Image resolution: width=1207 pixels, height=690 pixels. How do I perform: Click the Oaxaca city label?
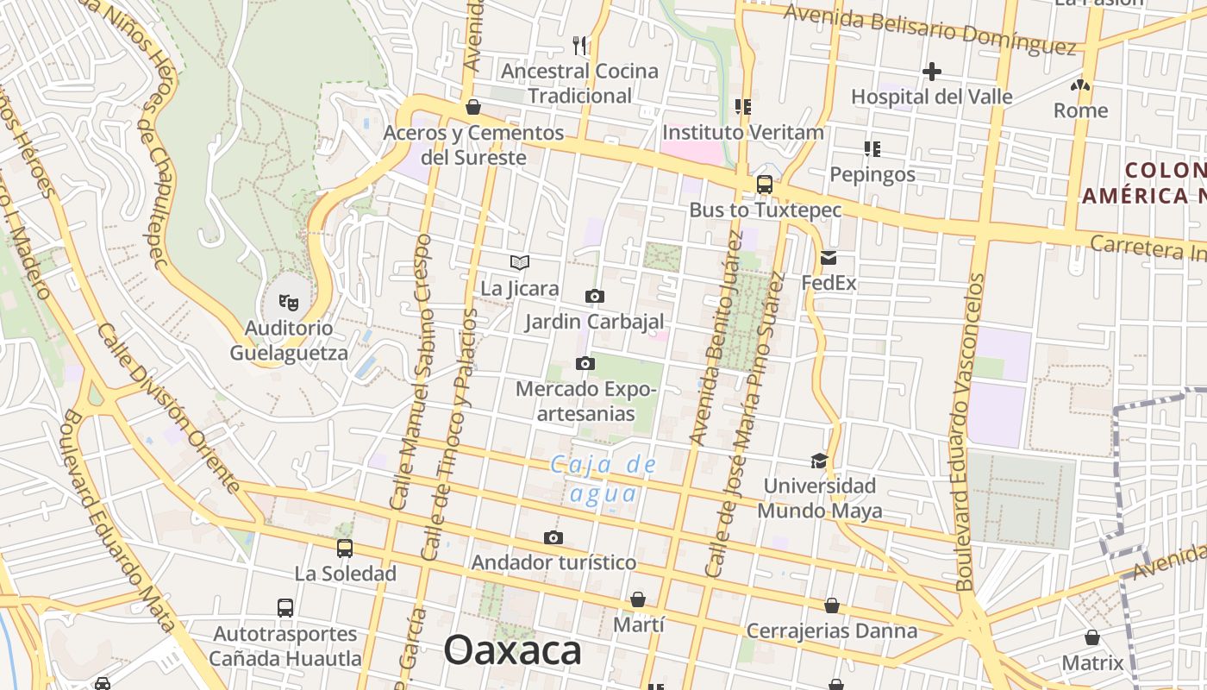512,650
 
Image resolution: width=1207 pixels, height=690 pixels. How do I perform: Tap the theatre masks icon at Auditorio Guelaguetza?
289,302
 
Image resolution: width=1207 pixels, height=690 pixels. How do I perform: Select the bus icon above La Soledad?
345,548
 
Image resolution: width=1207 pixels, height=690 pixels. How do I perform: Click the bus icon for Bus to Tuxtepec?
764,184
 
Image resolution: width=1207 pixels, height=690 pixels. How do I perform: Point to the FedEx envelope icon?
829,257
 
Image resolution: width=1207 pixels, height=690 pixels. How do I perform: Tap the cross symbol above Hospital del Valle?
932,71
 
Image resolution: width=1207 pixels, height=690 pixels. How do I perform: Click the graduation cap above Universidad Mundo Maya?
819,461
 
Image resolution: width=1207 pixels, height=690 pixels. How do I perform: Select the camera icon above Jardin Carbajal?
594,297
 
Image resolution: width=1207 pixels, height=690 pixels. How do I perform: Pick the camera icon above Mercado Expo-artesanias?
585,363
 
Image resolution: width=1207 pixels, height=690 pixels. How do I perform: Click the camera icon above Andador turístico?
553,537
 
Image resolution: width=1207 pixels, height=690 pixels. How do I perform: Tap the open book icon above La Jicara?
519,262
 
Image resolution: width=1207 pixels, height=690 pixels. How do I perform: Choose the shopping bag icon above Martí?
638,599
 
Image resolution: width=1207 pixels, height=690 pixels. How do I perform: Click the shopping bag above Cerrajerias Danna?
832,605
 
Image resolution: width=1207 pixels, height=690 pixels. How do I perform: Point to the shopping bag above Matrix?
1092,637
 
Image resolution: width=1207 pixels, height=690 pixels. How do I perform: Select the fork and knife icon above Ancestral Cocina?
580,45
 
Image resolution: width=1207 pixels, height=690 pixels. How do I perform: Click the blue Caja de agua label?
604,479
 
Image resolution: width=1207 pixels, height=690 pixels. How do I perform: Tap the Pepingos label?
872,174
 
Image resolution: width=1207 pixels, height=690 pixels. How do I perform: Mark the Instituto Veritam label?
743,133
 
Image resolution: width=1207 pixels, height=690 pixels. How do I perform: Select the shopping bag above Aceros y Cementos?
472,107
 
